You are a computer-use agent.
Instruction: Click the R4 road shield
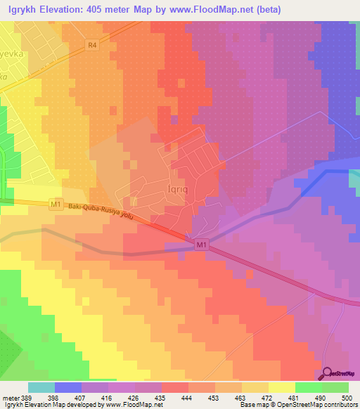point(91,44)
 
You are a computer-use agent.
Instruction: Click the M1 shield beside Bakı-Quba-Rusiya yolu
point(56,204)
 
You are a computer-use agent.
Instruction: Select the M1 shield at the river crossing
point(201,245)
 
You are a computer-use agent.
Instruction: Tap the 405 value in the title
point(130,10)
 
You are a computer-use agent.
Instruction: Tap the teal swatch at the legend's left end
point(41,387)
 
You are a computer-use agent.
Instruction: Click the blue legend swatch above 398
point(67,387)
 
